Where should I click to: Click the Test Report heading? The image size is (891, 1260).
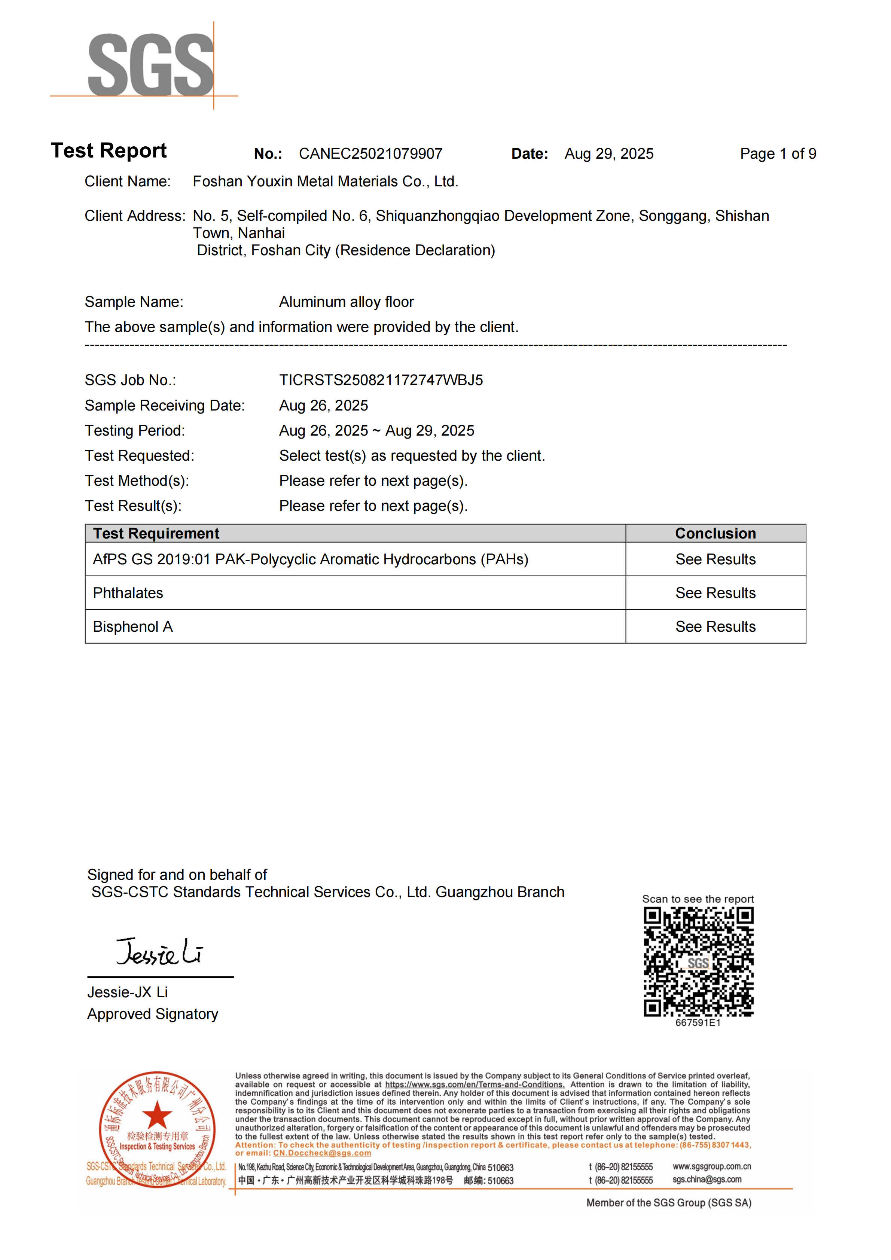(x=109, y=151)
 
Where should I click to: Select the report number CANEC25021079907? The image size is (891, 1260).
(x=370, y=154)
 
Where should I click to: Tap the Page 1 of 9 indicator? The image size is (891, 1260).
(x=778, y=154)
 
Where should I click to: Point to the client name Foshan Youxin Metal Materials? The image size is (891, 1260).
(x=325, y=181)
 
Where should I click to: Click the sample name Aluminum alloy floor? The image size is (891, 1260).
(x=346, y=302)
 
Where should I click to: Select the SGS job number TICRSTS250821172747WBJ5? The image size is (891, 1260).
(x=381, y=380)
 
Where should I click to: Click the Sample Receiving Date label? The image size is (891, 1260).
(x=165, y=406)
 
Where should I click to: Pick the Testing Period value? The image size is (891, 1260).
(x=376, y=431)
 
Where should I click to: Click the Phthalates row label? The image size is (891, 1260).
(x=128, y=593)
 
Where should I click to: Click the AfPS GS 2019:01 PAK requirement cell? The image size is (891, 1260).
(x=311, y=559)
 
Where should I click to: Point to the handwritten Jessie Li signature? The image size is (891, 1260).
(x=159, y=952)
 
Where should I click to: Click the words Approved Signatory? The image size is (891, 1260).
(x=153, y=1014)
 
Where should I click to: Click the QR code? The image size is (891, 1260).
(x=698, y=961)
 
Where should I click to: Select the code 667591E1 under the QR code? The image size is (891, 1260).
(x=698, y=1023)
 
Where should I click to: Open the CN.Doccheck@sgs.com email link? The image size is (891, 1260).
(x=322, y=1153)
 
